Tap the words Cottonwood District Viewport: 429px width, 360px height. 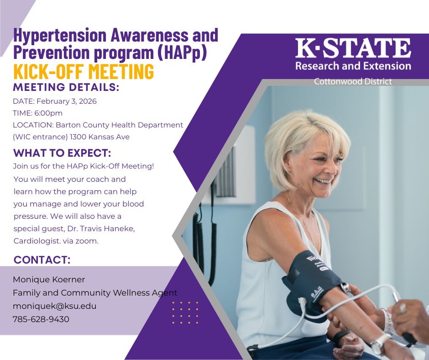point(353,82)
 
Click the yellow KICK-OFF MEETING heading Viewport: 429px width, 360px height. point(84,72)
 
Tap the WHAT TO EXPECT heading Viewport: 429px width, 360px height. point(62,153)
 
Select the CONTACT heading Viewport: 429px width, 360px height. point(42,260)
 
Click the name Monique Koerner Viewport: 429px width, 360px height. point(49,279)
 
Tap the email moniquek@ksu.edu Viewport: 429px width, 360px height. point(54,306)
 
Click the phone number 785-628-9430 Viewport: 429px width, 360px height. point(41,319)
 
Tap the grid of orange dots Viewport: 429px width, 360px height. point(185,312)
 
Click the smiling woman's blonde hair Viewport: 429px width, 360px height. point(301,137)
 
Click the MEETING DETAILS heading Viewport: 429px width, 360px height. point(66,87)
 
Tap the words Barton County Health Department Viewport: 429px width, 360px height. point(119,125)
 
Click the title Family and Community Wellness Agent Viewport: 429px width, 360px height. point(95,293)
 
